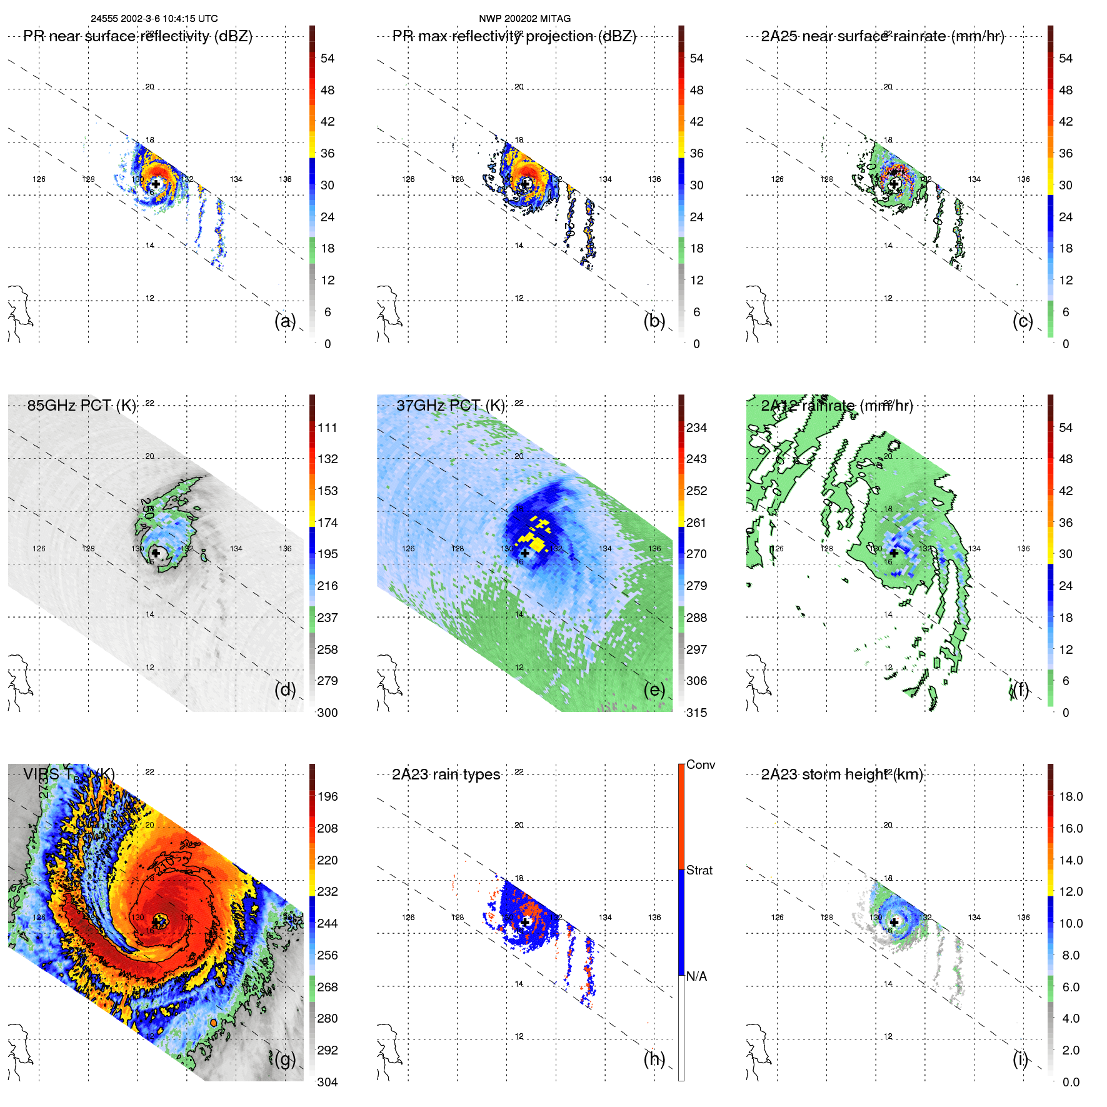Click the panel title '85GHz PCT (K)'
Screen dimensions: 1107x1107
point(81,405)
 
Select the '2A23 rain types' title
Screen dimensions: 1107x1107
point(446,774)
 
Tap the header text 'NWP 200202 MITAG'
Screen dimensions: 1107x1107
point(524,19)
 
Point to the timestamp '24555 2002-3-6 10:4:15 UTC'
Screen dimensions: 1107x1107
point(154,19)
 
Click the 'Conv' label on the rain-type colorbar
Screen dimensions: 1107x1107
point(700,764)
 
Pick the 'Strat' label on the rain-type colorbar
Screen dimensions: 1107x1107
point(699,870)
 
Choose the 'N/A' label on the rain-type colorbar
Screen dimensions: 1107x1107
point(696,976)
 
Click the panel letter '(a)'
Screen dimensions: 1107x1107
point(285,321)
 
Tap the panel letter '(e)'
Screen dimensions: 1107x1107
point(654,689)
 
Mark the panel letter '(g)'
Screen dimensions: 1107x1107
point(285,1059)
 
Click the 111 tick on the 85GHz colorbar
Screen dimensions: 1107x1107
point(328,428)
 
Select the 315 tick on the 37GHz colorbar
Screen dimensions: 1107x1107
point(696,713)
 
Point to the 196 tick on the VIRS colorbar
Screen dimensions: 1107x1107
point(328,796)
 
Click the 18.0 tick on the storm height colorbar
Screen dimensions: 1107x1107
point(1071,796)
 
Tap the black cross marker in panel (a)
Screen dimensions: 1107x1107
point(156,184)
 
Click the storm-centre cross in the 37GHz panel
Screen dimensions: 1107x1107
point(525,553)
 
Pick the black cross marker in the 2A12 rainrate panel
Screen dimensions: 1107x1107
point(894,553)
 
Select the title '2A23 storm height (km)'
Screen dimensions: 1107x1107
point(841,774)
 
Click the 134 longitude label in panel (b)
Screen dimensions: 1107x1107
point(605,179)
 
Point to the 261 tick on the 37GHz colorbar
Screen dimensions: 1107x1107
point(696,523)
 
